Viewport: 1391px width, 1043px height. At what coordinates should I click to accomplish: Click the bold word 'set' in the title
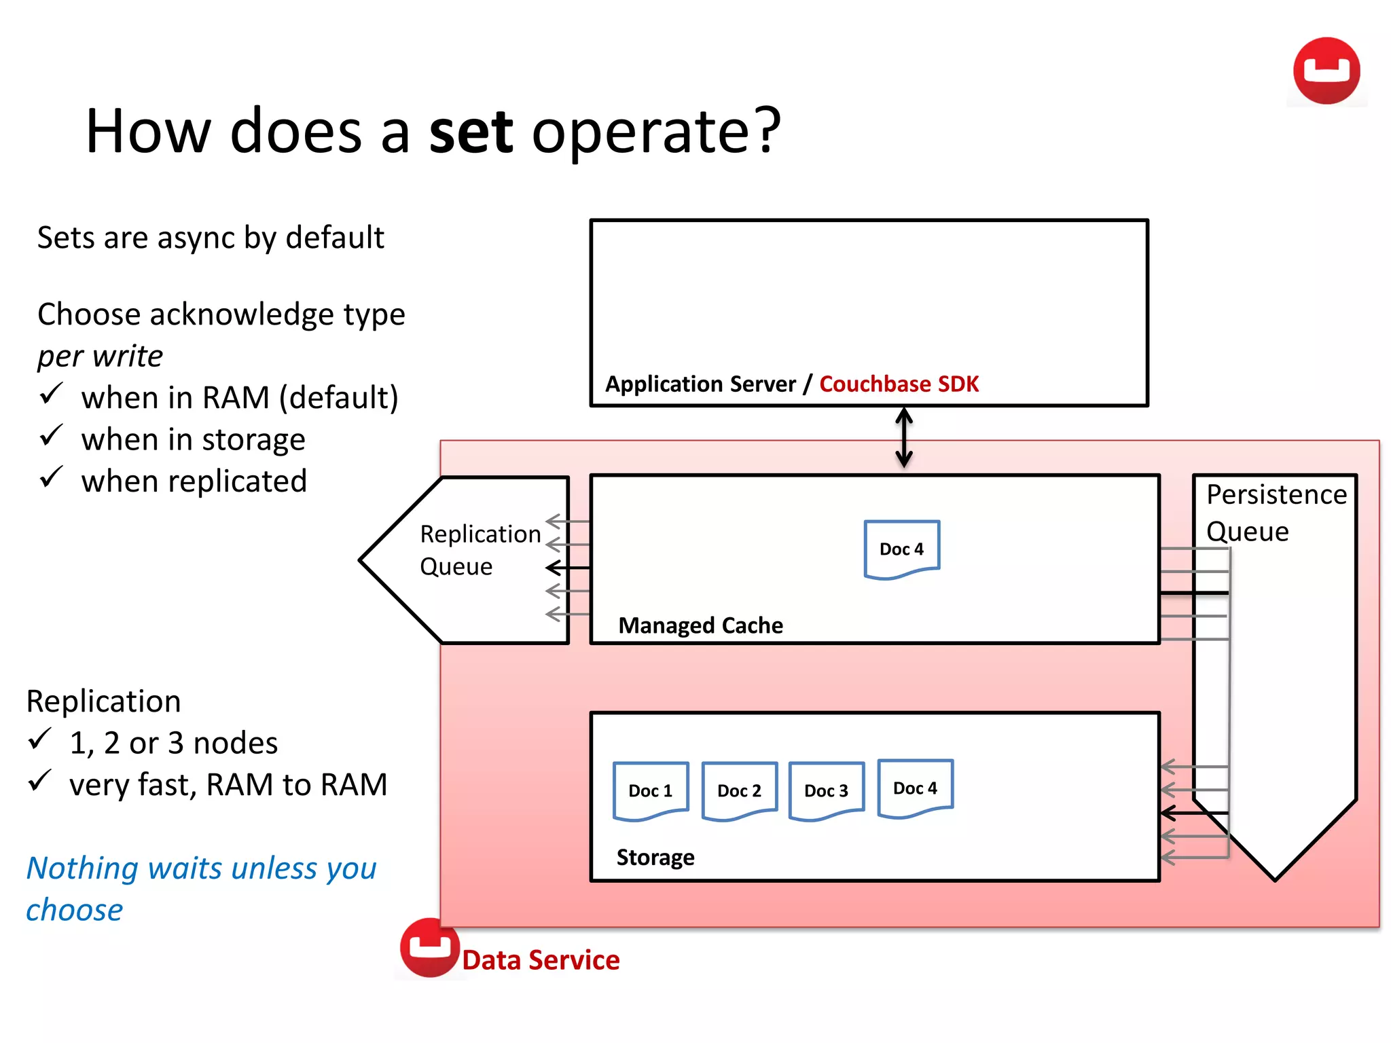click(x=471, y=132)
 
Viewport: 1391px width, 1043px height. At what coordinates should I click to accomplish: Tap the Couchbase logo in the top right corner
click(x=1326, y=71)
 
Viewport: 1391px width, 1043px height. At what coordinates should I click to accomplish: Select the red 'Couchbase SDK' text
click(x=898, y=384)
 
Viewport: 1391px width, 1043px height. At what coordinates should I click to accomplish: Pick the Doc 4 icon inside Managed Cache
click(x=901, y=549)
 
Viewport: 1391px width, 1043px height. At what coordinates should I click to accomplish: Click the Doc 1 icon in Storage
click(x=650, y=790)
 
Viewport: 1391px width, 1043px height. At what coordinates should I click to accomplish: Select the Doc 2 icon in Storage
click(x=739, y=790)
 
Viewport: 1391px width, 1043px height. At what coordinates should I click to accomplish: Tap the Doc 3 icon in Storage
click(x=826, y=790)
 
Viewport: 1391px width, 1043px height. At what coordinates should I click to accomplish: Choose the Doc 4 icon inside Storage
click(x=915, y=788)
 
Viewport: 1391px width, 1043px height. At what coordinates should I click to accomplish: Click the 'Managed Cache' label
click(x=700, y=625)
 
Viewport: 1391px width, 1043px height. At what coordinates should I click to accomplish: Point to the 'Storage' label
click(x=655, y=858)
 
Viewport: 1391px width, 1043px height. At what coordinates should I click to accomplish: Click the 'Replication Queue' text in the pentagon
click(x=479, y=550)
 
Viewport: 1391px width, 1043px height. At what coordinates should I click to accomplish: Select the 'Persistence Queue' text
click(x=1275, y=513)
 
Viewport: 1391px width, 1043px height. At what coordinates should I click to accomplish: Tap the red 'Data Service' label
click(x=541, y=960)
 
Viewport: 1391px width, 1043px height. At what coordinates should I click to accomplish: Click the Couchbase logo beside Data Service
click(x=429, y=947)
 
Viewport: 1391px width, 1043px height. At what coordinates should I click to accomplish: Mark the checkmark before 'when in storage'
click(x=52, y=436)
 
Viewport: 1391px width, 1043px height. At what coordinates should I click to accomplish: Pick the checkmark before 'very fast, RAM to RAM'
click(x=40, y=781)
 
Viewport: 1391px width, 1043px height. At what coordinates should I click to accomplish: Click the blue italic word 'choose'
click(x=74, y=910)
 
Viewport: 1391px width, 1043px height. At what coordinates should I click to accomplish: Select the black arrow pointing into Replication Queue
click(x=568, y=567)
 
